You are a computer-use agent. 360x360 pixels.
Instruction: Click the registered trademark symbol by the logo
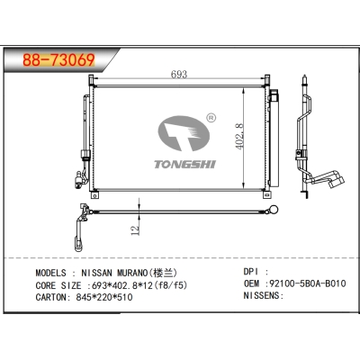point(210,117)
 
